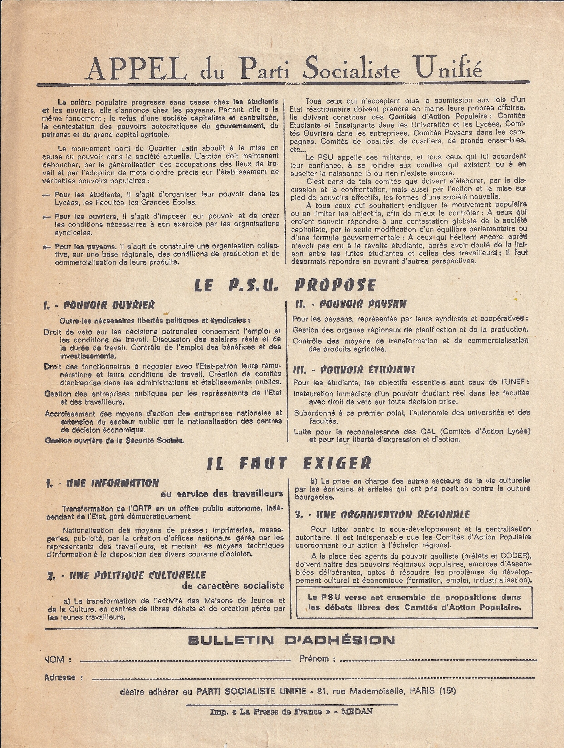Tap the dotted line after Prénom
pos(438,660)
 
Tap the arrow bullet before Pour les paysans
pos(46,247)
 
